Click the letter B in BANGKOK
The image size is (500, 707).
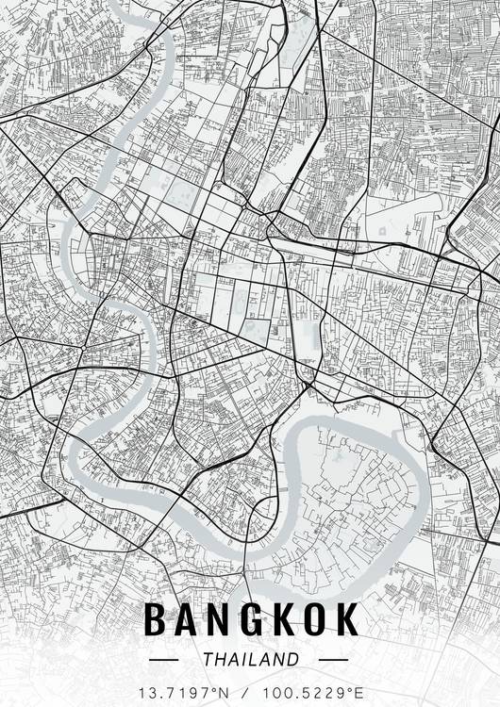pos(156,620)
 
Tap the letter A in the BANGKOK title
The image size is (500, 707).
pos(187,620)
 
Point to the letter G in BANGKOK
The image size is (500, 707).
pos(252,620)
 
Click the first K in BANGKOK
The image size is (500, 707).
pos(284,620)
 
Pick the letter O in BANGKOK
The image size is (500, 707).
pos(316,620)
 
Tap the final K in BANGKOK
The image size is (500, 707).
pos(347,620)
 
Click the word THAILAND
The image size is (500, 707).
pos(250,659)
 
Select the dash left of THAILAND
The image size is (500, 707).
pos(171,660)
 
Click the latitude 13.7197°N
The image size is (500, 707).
pos(186,692)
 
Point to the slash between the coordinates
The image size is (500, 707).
pos(250,692)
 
